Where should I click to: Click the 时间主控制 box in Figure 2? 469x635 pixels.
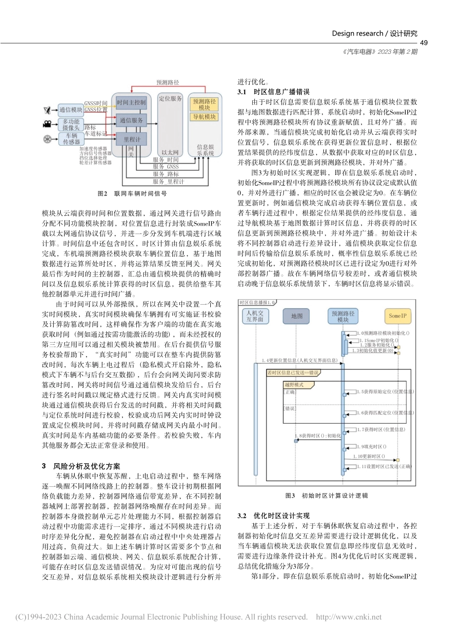tap(131, 102)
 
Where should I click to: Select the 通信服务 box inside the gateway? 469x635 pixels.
tap(131, 120)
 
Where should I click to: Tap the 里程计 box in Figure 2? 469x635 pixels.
tap(131, 140)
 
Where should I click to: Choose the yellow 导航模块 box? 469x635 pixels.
tap(204, 117)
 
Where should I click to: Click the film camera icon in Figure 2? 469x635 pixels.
tap(47, 124)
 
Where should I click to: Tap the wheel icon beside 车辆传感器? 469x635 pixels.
tap(47, 139)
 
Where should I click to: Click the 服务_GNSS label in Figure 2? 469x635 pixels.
tap(166, 167)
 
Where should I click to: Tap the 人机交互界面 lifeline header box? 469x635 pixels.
tap(255, 316)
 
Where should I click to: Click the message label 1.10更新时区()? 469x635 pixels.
tap(370, 456)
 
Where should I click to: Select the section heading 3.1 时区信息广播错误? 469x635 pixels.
tap(274, 92)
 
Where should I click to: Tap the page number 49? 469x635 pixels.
tap(423, 43)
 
